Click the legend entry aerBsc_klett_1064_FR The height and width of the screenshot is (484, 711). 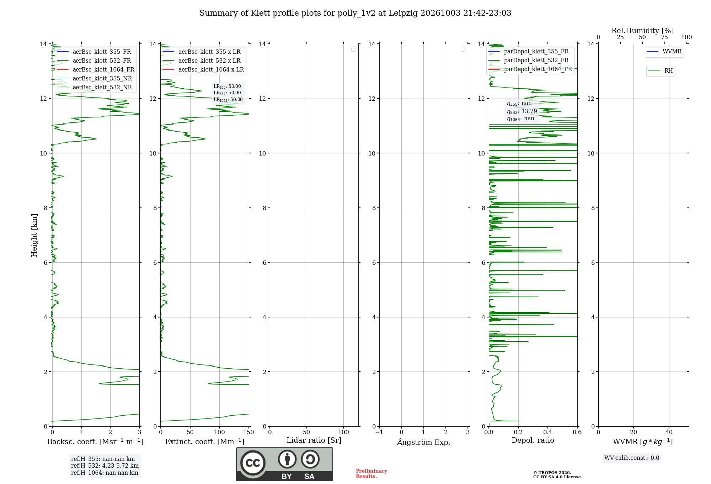click(96, 69)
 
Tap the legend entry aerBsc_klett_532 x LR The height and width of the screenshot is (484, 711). click(202, 60)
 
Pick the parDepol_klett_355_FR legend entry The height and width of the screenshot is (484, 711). click(529, 52)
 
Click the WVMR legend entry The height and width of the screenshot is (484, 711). click(664, 52)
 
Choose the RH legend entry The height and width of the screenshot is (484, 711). click(661, 71)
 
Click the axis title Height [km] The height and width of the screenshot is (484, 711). click(34, 235)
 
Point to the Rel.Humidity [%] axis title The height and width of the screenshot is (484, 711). click(643, 31)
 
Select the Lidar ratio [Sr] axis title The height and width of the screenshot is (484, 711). click(314, 440)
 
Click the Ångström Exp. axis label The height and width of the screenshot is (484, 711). click(424, 442)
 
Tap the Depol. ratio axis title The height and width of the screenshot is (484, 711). click(533, 440)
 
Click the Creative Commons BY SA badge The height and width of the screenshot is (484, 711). click(284, 464)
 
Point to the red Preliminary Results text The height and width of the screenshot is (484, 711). click(371, 474)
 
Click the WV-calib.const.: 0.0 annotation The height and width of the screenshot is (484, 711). click(632, 458)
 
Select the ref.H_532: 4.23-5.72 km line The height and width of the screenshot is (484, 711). click(105, 466)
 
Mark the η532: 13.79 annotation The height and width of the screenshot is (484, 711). click(522, 111)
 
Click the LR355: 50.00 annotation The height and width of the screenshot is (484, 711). click(227, 86)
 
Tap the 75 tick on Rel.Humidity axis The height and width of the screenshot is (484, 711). click(664, 37)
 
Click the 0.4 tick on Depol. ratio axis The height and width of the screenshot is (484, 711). click(548, 432)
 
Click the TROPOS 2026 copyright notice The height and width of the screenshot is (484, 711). click(552, 473)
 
